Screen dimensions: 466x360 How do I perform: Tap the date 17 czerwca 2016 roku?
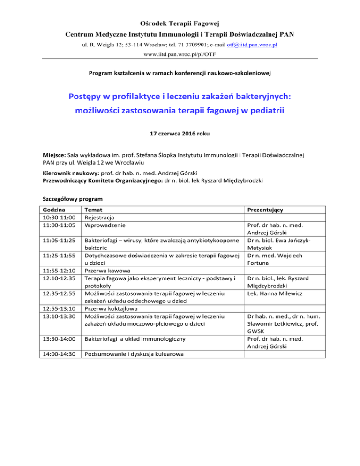pos(180,134)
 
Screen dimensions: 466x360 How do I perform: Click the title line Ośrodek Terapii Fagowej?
pos(180,23)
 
